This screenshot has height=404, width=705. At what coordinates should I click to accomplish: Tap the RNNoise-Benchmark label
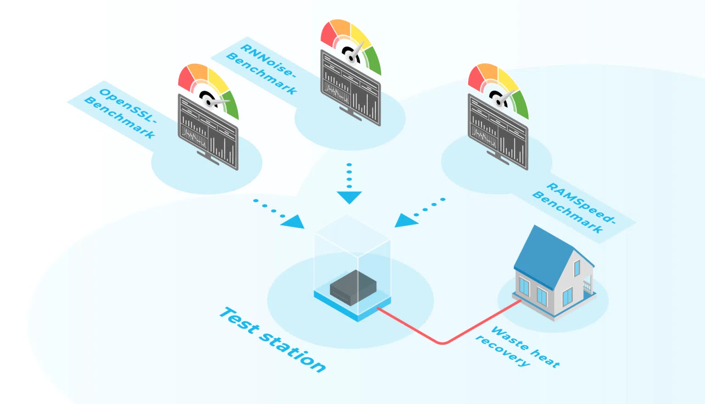(262, 68)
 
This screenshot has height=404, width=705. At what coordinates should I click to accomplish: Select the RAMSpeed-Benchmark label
(574, 208)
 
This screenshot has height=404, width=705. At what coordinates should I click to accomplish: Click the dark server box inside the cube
(353, 287)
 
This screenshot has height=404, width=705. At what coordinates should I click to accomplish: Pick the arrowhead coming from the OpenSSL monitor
(294, 222)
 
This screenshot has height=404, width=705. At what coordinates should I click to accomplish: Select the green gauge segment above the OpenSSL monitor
(230, 106)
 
